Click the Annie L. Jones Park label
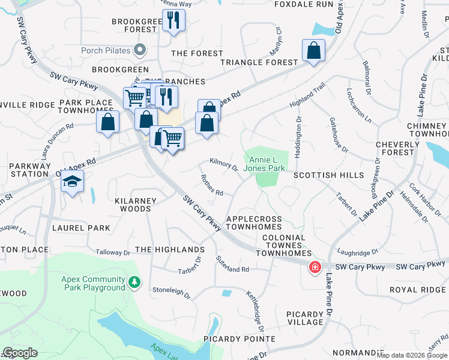267,164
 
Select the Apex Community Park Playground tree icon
136,281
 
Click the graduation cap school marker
72,181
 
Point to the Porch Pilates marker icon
140,49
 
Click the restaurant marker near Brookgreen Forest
173,20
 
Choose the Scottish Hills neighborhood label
328,175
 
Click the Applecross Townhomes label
255,223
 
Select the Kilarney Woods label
135,205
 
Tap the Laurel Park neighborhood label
81,228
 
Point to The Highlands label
170,250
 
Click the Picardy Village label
297,318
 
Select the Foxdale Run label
303,4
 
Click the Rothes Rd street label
212,185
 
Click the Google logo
20,353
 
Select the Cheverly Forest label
398,149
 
